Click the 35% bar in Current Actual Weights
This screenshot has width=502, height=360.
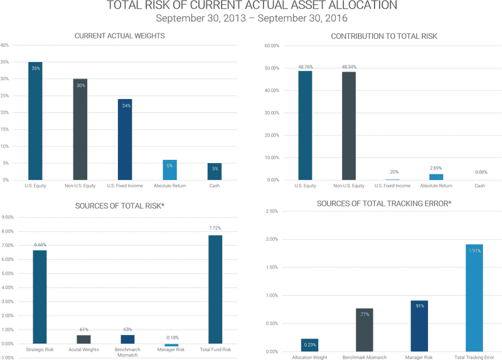pos(36,120)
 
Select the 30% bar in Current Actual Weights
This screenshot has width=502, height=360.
pos(80,129)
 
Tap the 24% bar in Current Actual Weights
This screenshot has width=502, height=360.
pos(125,139)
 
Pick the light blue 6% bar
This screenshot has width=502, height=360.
pos(170,170)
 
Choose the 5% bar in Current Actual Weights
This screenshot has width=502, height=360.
pos(215,171)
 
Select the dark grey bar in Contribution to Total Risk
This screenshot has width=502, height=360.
pos(349,125)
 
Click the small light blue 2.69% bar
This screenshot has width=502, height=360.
pos(436,176)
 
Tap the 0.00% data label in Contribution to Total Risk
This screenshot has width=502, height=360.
pos(481,172)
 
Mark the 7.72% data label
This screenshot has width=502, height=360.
pos(215,228)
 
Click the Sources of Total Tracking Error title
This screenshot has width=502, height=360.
pos(384,203)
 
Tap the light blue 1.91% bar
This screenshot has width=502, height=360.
pos(474,298)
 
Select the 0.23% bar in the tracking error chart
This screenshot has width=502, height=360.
pos(309,345)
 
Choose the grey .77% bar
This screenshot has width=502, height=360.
pos(365,330)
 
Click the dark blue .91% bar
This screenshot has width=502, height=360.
pos(419,326)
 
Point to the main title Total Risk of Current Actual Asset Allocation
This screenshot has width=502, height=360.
pos(251,6)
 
